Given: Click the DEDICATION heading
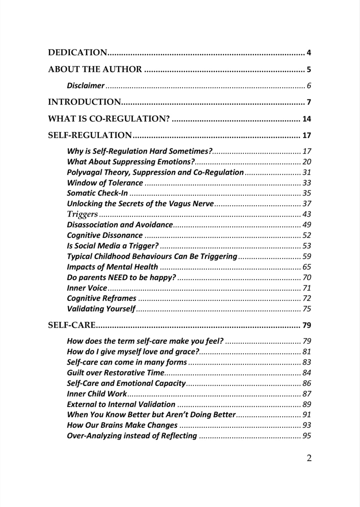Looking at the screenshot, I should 78,52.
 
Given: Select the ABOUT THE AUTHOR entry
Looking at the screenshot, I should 95,69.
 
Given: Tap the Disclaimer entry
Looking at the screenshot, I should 85,86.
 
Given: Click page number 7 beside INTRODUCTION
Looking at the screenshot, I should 309,102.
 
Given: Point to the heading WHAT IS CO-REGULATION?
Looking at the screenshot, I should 109,119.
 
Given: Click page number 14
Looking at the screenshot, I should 307,119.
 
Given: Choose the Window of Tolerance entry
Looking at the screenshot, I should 105,183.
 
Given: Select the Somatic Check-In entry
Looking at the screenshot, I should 97,193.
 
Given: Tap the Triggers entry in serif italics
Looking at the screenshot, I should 82,214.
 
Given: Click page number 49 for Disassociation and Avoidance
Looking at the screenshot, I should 307,225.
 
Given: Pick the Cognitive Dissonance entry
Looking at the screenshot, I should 105,235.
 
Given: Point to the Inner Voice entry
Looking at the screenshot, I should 87,288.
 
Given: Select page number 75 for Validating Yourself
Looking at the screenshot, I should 307,309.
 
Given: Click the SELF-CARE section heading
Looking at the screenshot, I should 72,325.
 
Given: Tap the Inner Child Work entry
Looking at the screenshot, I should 97,394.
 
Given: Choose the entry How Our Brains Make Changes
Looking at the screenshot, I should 122,425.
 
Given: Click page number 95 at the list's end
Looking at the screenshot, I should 307,436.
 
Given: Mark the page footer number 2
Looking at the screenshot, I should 309,458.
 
